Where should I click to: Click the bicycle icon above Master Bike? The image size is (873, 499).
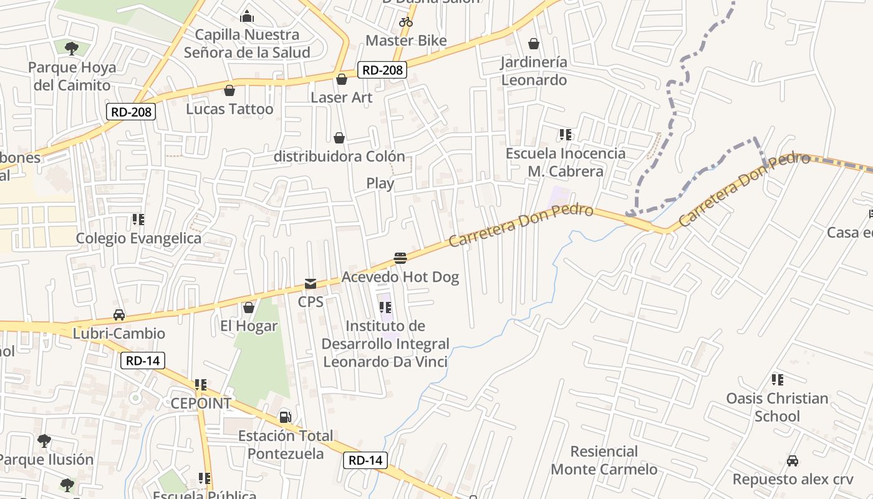point(406,22)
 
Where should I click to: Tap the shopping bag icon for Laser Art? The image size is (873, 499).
point(341,79)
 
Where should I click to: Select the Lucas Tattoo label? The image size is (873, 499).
point(229,109)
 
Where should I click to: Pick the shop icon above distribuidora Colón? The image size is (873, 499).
point(339,138)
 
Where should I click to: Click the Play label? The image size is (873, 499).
point(380,183)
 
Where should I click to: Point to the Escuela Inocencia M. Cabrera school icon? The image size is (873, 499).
point(566,135)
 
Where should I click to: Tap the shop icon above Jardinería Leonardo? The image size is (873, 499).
point(534,44)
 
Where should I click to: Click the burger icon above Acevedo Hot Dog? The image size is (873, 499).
point(400,258)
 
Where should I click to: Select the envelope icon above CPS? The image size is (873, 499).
point(310,284)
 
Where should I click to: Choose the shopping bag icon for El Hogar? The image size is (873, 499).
point(249,308)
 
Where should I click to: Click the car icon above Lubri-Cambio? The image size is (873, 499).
point(119,315)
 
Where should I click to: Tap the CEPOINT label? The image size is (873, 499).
point(201,404)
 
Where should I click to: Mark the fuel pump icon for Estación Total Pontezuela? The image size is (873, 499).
point(285,417)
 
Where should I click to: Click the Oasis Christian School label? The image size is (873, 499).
point(777,407)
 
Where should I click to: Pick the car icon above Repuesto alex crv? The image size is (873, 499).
point(793,461)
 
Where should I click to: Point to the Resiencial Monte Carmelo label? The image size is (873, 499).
point(604,460)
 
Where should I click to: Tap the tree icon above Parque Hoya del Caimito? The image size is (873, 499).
point(72,48)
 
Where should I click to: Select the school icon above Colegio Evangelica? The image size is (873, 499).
point(138,220)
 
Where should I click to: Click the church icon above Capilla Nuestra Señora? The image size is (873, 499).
point(247,16)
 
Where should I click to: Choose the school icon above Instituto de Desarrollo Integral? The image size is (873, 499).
point(385,308)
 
